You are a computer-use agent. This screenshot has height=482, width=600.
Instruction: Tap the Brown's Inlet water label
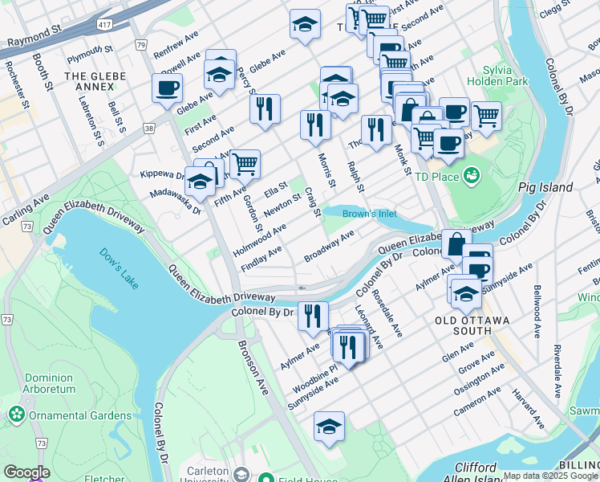coord(369,214)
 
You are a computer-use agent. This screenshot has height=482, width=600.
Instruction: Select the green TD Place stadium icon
coord(472,174)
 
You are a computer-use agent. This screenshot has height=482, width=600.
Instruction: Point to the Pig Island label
coord(545,187)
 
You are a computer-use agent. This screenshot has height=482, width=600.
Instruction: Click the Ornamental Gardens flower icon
coord(16,415)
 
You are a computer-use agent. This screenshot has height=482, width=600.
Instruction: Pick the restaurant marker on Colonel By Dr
coord(313,315)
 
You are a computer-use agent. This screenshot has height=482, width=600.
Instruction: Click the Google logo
coord(26,472)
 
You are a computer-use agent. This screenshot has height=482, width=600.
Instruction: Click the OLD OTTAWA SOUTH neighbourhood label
coord(472,321)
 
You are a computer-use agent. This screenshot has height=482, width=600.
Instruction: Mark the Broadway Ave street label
coord(329,247)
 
